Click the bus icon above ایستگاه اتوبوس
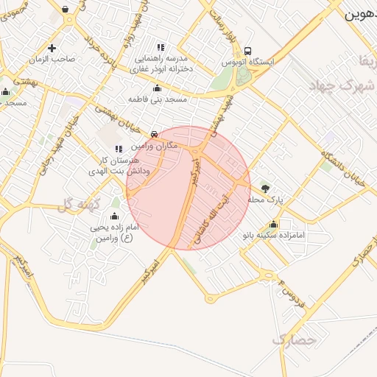[x=247, y=52]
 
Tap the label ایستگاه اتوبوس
[x=248, y=63]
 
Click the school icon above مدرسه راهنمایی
[x=161, y=47]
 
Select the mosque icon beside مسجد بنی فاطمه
[x=156, y=88]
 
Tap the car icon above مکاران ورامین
[x=153, y=135]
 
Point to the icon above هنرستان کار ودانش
[x=119, y=149]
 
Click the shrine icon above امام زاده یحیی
[x=114, y=216]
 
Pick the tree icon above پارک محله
[x=265, y=188]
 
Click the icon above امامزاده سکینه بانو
[x=274, y=225]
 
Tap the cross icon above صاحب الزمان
[x=51, y=49]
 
